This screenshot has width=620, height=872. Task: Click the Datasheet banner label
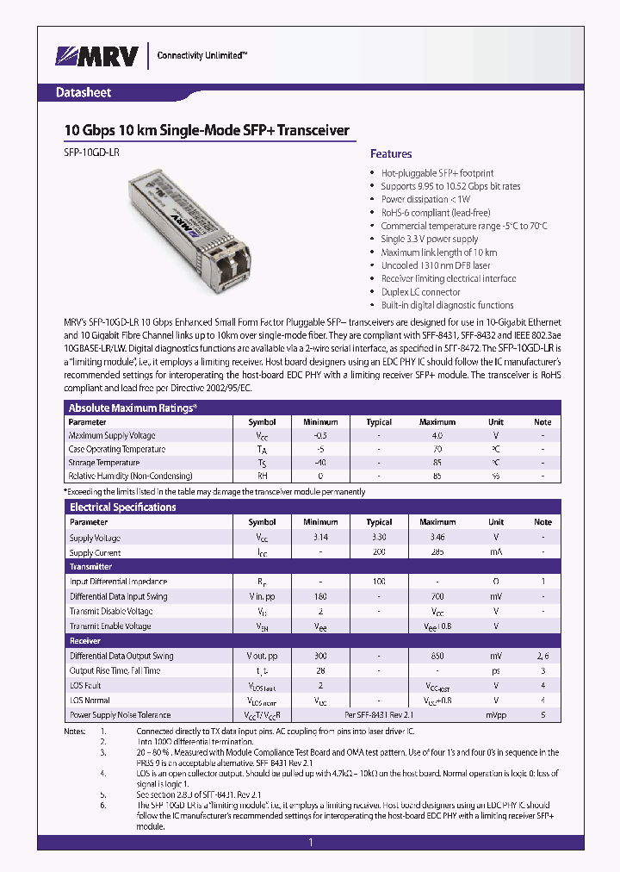[84, 92]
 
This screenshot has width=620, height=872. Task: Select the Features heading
[391, 154]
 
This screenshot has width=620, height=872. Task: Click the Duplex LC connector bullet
[421, 292]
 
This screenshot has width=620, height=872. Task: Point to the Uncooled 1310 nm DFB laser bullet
[436, 265]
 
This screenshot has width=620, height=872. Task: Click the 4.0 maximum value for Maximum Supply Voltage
[437, 436]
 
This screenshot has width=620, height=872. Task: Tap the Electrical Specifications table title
[122, 508]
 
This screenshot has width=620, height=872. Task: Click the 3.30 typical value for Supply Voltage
[379, 538]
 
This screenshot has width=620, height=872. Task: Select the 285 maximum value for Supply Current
[437, 552]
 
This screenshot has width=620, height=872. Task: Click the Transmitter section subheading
[90, 567]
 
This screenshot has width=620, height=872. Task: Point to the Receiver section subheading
[85, 641]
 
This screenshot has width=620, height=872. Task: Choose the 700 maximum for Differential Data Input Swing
[437, 596]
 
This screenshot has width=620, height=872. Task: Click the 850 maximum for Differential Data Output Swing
[437, 656]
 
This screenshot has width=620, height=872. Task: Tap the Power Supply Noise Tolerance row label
[120, 715]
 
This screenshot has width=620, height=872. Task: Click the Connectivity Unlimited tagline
[201, 55]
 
